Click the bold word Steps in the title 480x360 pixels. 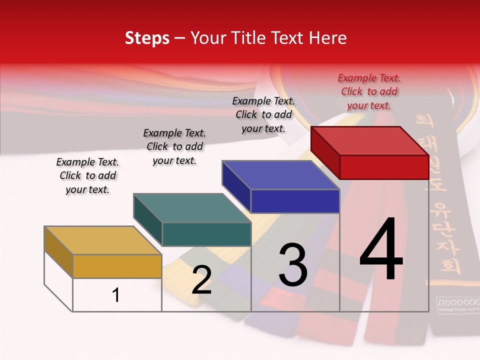click(x=147, y=38)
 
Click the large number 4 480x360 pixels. click(x=381, y=250)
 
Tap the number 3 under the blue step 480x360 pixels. click(x=293, y=265)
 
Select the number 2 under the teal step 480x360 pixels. click(x=201, y=280)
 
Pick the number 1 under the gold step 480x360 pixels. click(x=115, y=295)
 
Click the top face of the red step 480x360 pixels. click(x=369, y=140)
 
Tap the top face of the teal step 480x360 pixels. click(x=191, y=207)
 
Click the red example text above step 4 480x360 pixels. click(x=369, y=91)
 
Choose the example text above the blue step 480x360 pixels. click(x=263, y=114)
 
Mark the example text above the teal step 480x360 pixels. click(x=174, y=146)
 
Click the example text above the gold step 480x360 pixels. click(x=87, y=175)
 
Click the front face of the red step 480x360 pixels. click(x=384, y=167)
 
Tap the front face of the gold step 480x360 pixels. click(x=117, y=266)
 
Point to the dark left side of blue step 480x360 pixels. click(x=236, y=186)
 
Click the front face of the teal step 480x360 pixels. click(x=206, y=234)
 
